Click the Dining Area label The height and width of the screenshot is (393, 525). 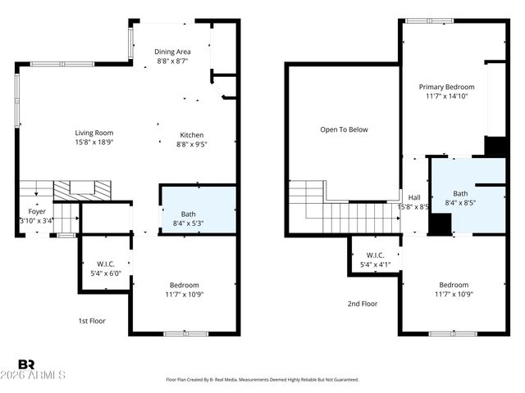click(172, 52)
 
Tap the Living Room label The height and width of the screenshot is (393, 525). click(94, 133)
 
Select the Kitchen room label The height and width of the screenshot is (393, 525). click(192, 135)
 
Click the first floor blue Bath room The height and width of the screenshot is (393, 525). click(198, 210)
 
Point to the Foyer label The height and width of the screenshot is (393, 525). click(37, 211)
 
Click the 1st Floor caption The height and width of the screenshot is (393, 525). click(92, 320)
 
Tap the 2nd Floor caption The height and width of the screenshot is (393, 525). click(362, 304)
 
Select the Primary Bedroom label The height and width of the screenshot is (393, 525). click(447, 87)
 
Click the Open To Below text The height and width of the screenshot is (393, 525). click(344, 129)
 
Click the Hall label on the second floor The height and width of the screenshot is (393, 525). click(414, 197)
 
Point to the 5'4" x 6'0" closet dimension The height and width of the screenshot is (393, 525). click(105, 273)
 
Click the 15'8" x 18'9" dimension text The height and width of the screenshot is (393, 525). click(94, 142)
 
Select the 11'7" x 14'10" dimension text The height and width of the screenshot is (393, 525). click(447, 97)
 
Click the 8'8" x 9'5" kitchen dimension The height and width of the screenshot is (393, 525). click(192, 145)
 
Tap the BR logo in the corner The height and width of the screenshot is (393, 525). click(26, 364)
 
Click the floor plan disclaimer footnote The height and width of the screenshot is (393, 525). click(262, 380)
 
